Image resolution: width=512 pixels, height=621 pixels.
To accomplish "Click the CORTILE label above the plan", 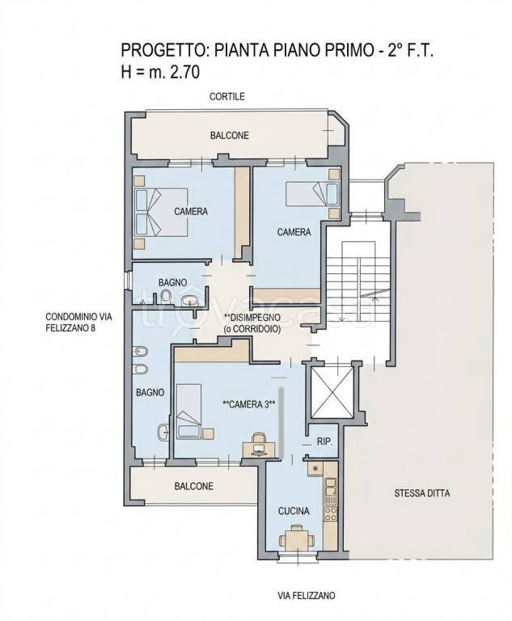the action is (x=227, y=96).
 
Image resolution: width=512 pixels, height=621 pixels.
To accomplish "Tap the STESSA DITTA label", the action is (x=422, y=493).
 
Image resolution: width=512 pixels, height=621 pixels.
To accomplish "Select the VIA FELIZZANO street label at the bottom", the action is (x=306, y=595).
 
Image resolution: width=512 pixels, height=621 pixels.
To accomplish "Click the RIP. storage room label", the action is (x=324, y=441).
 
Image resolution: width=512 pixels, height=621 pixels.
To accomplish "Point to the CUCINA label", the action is (x=294, y=511).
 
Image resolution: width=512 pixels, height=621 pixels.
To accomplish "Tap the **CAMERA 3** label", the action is (x=249, y=404).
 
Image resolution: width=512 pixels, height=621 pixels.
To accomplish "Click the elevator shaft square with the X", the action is (x=332, y=392).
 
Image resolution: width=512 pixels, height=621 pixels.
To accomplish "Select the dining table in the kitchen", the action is (x=297, y=539).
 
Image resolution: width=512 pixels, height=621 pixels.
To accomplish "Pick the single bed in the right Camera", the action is (x=312, y=194).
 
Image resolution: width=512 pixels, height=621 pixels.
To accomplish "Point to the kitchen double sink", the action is (x=331, y=486).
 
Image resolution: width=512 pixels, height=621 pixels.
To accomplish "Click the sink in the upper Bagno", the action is (x=189, y=301).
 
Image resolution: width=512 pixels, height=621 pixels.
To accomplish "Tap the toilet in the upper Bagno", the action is (x=166, y=297).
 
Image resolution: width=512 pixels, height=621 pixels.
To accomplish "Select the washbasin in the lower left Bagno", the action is (x=163, y=433).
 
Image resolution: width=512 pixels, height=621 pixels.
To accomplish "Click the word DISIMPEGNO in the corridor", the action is (x=255, y=317).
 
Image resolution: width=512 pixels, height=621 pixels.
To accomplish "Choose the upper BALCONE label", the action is (x=230, y=136).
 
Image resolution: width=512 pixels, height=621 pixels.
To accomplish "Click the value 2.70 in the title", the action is (x=184, y=73).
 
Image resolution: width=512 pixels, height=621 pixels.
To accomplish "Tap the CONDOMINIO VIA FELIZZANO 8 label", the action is (x=78, y=323).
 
